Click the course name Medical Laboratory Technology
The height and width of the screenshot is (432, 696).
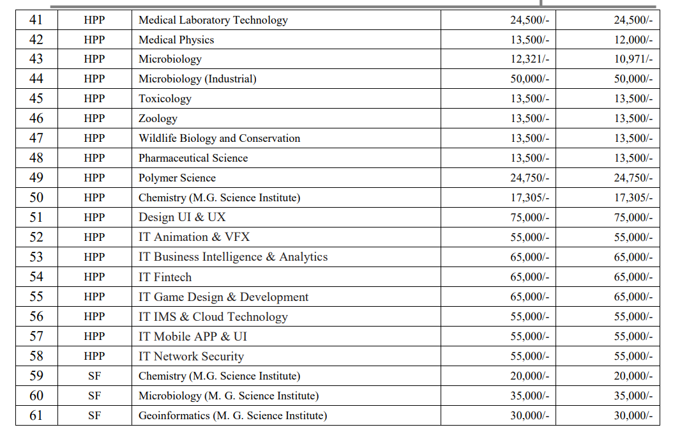coord(213,20)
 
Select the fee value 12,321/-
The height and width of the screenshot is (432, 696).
coord(529,59)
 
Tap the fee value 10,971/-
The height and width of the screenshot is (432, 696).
coord(633,59)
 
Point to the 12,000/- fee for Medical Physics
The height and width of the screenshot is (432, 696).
coord(633,40)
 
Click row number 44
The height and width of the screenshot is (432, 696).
coord(36,79)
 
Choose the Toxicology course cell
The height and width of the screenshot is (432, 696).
coord(165,99)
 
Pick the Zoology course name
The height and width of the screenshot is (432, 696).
coord(158,119)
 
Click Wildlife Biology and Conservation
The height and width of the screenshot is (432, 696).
coord(219,139)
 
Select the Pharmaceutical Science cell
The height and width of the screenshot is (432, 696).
coord(193,158)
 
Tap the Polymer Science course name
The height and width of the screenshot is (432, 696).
coord(177,178)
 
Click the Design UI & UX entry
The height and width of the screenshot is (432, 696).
coord(182,217)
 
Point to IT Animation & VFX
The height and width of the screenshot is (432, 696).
coord(194,237)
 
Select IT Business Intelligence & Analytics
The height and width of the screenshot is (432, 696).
coord(233,257)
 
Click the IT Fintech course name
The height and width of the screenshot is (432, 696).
coord(165,277)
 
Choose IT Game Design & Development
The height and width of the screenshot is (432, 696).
coord(223,297)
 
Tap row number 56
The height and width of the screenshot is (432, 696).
coord(36,316)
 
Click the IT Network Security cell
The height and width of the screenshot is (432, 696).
coord(191,356)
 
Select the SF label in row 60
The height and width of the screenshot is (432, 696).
coord(95,396)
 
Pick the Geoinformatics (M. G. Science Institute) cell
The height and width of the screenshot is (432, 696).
coord(232,415)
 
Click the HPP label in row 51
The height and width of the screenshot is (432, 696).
coord(95,217)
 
